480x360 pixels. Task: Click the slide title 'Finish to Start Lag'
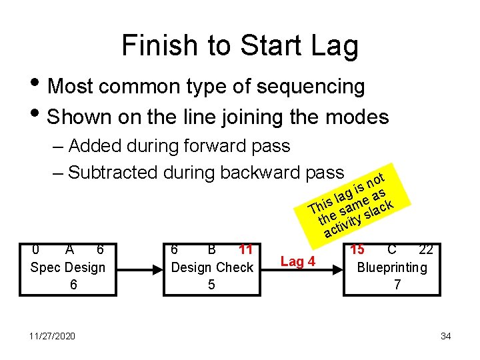[x=240, y=45]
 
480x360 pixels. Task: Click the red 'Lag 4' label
[x=297, y=261]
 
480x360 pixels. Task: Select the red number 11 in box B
[x=245, y=250]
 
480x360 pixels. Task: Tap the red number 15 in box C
[x=357, y=250]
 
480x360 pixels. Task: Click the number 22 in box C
[x=426, y=250]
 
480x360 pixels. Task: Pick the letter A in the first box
[x=69, y=250]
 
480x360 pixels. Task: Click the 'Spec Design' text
[x=68, y=267]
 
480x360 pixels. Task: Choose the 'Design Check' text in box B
[x=213, y=267]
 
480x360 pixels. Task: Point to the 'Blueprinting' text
[x=393, y=267]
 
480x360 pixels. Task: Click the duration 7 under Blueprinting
[x=397, y=284]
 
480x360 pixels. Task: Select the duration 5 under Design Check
[x=211, y=284]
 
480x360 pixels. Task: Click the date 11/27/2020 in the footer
[x=52, y=336]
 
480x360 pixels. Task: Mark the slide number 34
[x=445, y=336]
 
